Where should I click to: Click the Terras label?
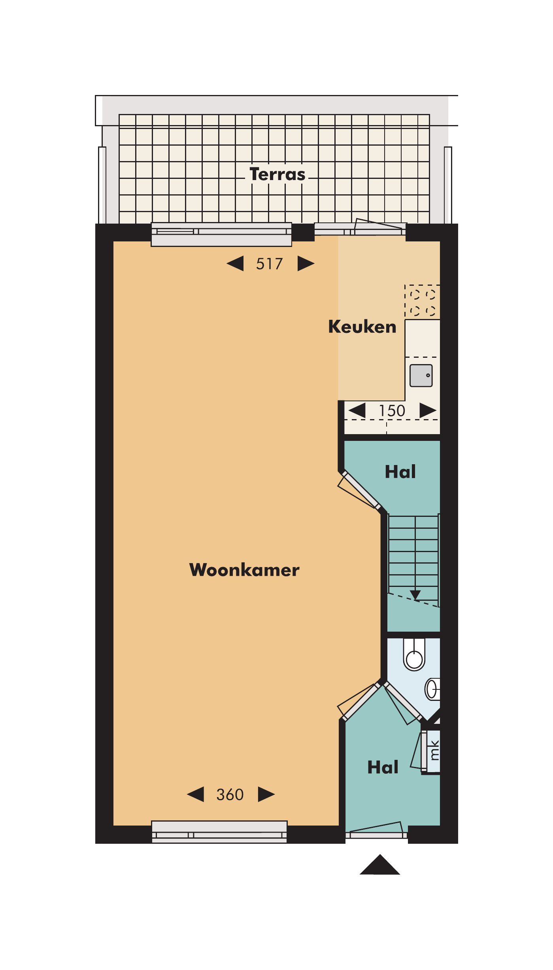coord(277,174)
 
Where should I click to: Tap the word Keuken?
coord(362,327)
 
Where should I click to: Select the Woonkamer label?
coord(244,570)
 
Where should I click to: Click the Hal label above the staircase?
coord(400,472)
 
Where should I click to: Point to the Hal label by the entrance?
coord(383,767)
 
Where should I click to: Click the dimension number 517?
coord(270,264)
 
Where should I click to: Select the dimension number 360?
coord(230,795)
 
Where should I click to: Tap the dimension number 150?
coord(392,411)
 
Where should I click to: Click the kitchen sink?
coord(421,376)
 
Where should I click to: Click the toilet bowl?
coord(414,654)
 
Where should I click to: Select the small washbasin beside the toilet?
coord(432,689)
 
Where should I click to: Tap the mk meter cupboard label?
coord(434,751)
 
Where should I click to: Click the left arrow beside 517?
coord(235,264)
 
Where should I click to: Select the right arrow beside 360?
coord(266,794)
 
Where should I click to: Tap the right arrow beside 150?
coord(428,410)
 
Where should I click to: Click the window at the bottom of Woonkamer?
coord(219,832)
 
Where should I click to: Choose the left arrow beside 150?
coord(357,410)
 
